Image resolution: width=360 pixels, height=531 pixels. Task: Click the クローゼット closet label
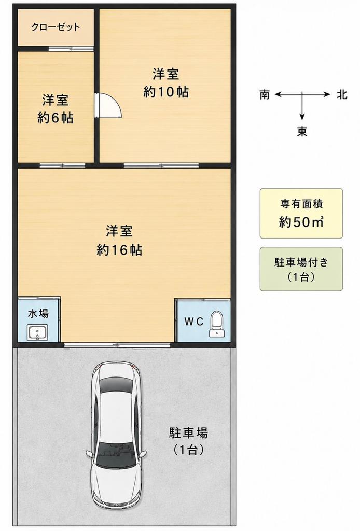click(56, 27)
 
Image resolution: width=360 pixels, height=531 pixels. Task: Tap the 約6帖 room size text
click(55, 118)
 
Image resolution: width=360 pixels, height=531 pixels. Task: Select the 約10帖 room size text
click(165, 92)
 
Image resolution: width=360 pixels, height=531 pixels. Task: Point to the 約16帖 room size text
click(119, 250)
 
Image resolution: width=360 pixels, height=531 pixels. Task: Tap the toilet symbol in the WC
click(216, 325)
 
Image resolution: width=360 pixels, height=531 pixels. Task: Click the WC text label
click(193, 321)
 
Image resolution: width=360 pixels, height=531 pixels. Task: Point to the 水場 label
click(38, 313)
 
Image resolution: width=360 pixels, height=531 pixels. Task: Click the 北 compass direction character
click(342, 94)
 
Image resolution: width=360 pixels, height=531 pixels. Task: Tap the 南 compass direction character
click(265, 94)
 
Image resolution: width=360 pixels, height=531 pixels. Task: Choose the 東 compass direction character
click(302, 131)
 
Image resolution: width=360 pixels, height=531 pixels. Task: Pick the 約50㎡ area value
click(301, 222)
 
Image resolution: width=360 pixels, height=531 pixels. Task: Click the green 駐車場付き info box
click(301, 269)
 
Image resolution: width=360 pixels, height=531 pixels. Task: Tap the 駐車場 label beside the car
click(188, 433)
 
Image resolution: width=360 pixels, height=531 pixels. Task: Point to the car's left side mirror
click(89, 454)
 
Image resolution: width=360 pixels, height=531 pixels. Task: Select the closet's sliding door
click(71, 49)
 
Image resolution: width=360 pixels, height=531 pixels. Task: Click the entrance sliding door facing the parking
click(117, 345)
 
